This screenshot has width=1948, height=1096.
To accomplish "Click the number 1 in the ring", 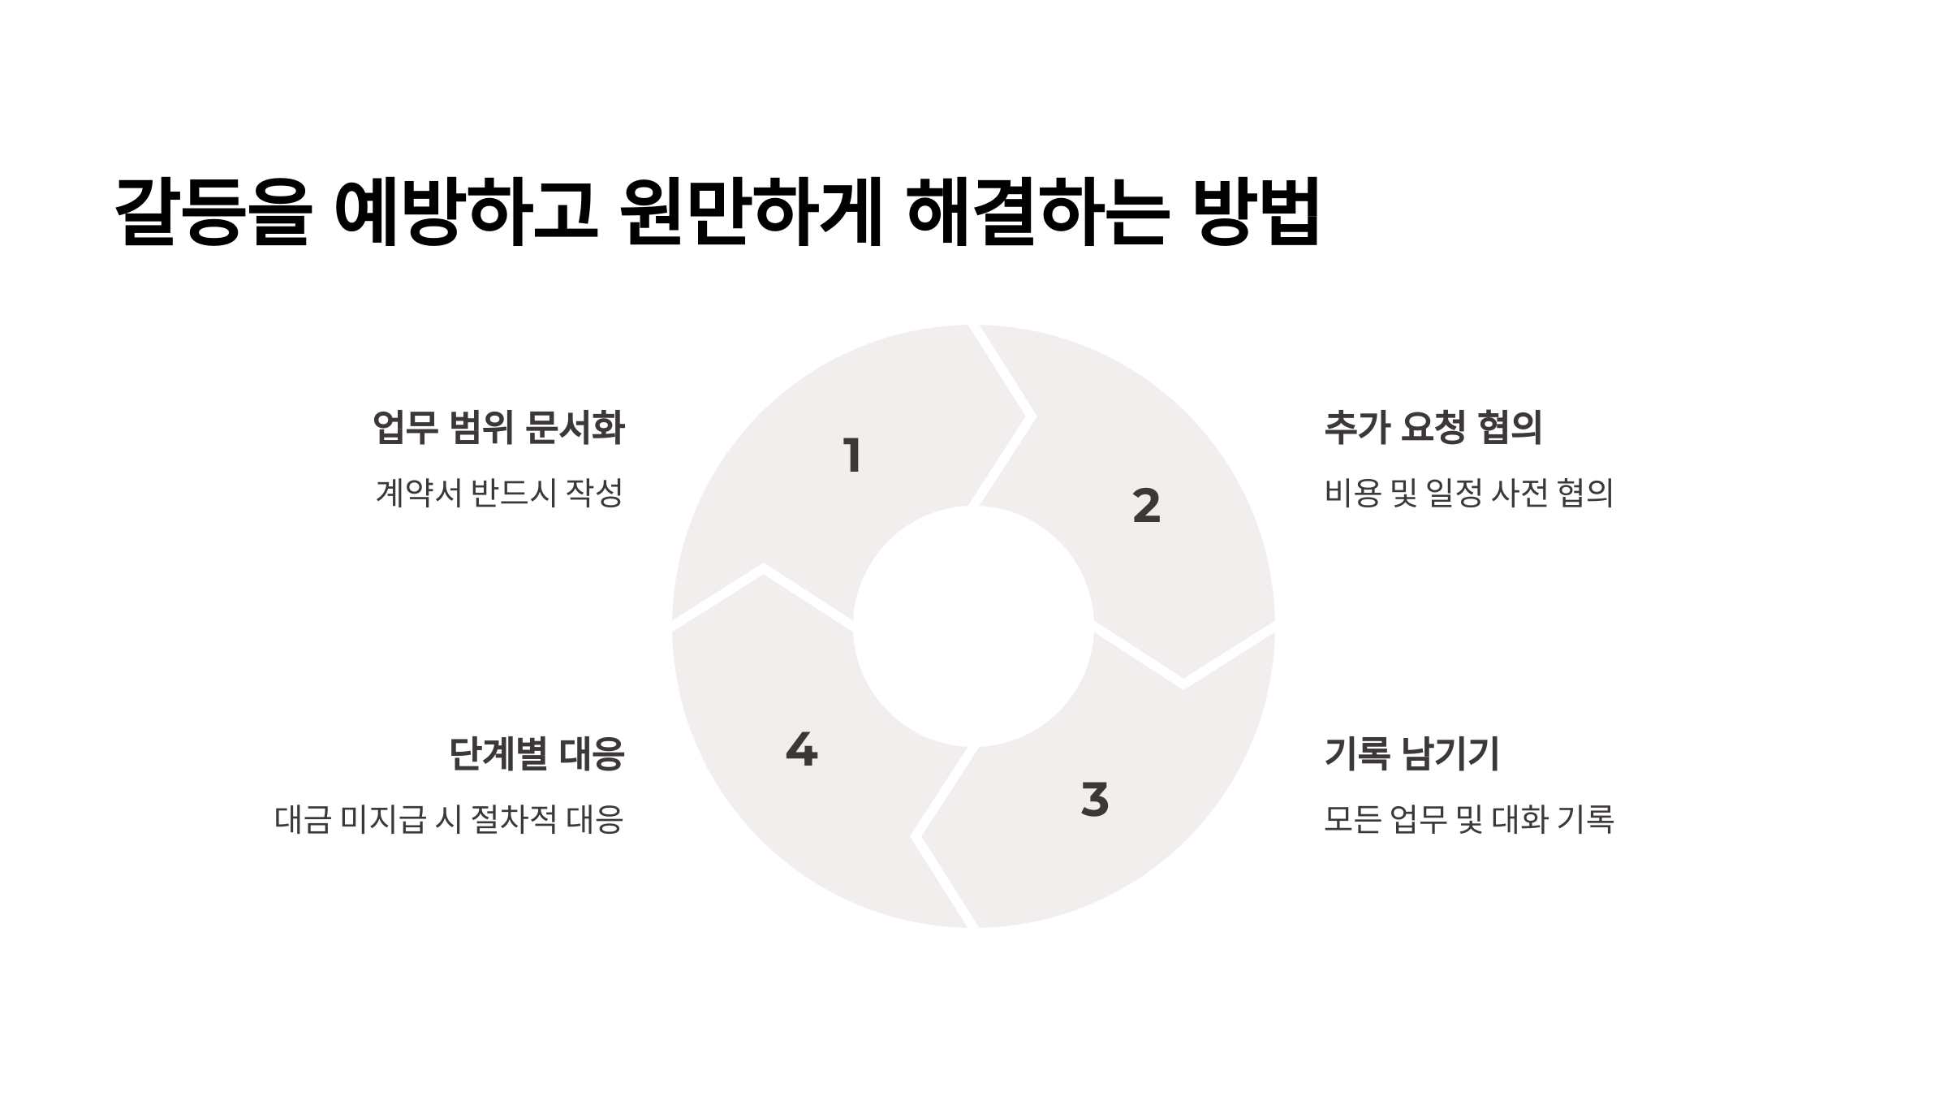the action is click(851, 455).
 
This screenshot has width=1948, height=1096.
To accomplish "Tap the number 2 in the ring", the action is click(1146, 506).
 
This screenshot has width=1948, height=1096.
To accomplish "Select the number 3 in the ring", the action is click(1094, 800).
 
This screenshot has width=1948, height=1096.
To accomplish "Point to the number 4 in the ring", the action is click(801, 749).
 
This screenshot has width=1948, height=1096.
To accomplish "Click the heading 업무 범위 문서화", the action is click(498, 427).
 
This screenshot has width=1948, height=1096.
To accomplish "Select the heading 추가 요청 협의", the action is click(1433, 427).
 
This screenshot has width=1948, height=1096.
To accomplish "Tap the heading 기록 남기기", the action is click(1411, 753).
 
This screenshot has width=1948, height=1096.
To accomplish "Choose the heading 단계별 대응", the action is click(537, 753).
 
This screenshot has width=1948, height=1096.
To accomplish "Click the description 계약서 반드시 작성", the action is click(499, 493).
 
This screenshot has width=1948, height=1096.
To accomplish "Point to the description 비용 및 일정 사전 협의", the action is click(1468, 493).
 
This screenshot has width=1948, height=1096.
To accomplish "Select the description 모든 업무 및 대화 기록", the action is click(1468, 819).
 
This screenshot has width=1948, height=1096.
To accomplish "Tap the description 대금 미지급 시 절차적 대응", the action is click(449, 819).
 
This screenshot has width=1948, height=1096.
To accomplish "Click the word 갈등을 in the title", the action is click(213, 211).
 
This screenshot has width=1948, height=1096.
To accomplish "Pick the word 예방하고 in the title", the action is click(466, 211).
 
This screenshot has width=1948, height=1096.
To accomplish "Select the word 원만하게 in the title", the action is click(751, 211).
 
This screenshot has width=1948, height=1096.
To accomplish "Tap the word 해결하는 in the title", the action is click(1037, 211).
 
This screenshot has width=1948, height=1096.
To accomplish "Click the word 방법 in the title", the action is click(1258, 211).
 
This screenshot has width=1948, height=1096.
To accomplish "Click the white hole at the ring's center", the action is click(973, 626).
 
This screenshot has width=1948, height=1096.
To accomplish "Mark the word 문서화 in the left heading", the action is click(575, 427).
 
